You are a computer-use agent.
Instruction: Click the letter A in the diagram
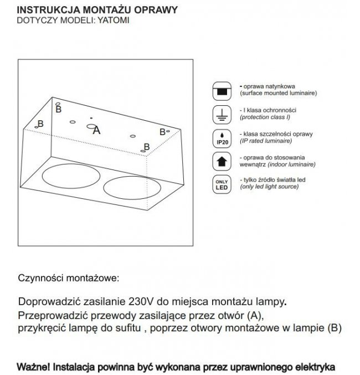pyautogui.click(x=97, y=131)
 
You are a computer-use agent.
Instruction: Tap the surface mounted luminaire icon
pyautogui.click(x=222, y=90)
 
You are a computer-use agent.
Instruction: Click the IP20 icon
pyautogui.click(x=222, y=138)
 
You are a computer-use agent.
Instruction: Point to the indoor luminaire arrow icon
pyautogui.click(x=222, y=161)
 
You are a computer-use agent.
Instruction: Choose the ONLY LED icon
pyautogui.click(x=222, y=184)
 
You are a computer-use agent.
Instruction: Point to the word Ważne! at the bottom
pyautogui.click(x=34, y=367)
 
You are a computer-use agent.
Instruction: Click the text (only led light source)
pyautogui.click(x=270, y=188)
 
